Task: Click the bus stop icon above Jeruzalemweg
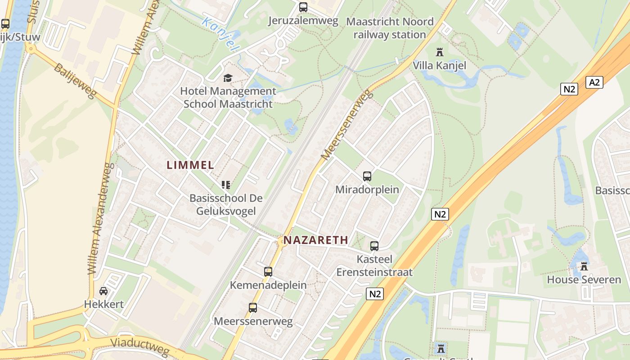click(x=303, y=7)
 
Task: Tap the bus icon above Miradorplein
click(x=367, y=176)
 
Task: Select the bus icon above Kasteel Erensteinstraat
click(x=374, y=246)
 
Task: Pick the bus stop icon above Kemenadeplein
click(x=268, y=272)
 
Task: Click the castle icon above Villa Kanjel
click(x=440, y=52)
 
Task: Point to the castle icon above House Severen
click(x=584, y=266)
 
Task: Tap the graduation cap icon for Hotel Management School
click(x=228, y=78)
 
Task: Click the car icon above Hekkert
click(x=103, y=291)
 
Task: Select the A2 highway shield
click(x=594, y=82)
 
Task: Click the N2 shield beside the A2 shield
click(x=569, y=89)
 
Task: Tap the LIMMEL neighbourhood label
click(x=191, y=165)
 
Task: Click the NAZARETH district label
click(x=316, y=240)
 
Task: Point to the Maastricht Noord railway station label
click(x=390, y=28)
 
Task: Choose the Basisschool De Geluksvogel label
click(x=226, y=204)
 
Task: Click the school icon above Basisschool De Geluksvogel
click(x=226, y=184)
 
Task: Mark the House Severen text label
click(x=584, y=279)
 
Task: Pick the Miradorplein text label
click(x=367, y=189)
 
